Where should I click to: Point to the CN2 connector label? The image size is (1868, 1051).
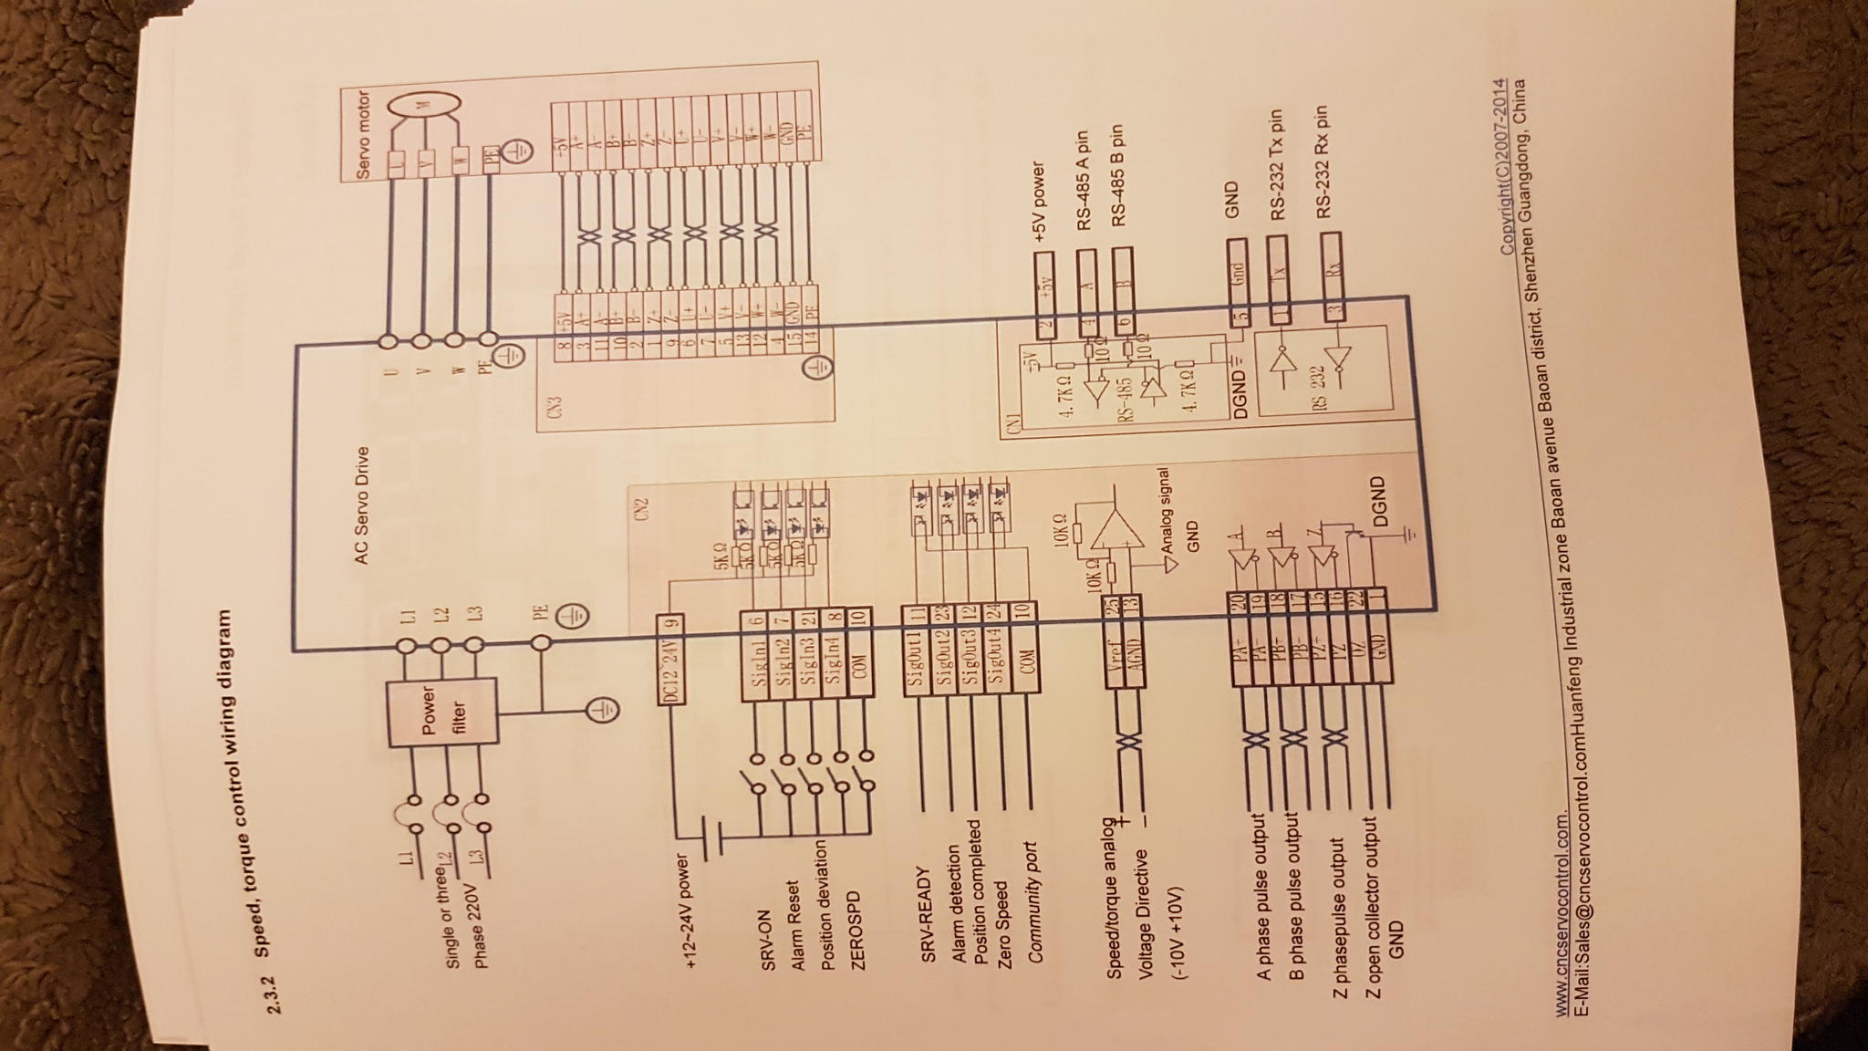coord(640,505)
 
